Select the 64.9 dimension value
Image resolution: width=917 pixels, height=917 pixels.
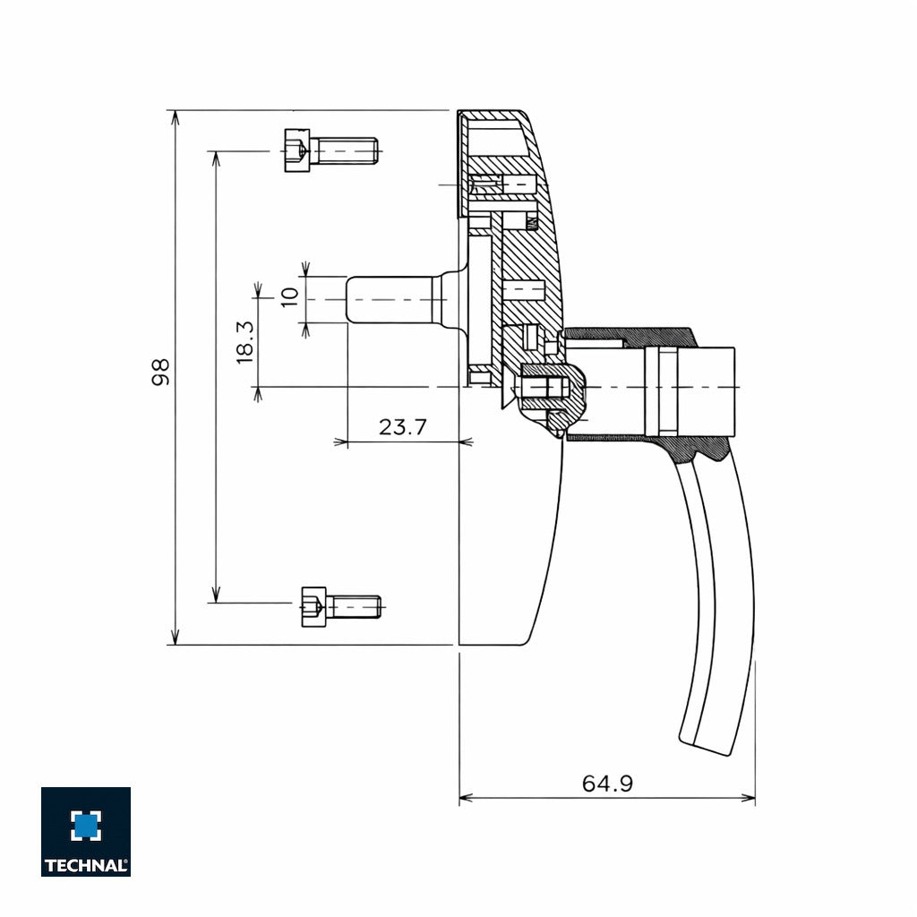607,784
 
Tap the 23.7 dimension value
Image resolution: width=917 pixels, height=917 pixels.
402,427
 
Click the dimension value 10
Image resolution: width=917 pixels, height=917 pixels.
289,297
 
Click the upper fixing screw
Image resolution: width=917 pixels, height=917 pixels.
330,150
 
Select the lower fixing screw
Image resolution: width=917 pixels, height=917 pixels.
341,606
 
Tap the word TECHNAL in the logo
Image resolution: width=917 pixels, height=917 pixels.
86,866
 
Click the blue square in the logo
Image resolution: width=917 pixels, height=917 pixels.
86,826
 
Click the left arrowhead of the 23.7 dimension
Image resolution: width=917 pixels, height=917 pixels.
340,441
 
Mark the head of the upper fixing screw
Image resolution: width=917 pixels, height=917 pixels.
296,150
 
